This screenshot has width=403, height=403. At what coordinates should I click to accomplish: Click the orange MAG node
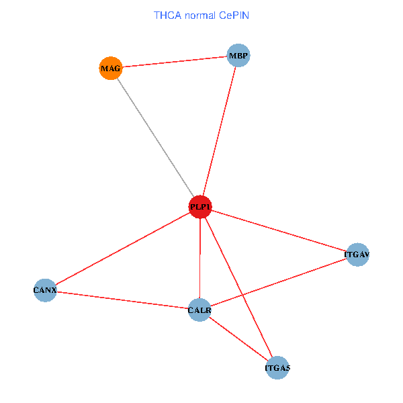tap(111, 68)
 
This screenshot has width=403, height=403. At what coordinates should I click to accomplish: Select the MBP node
tap(238, 55)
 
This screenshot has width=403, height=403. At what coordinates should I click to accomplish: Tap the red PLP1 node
tap(200, 207)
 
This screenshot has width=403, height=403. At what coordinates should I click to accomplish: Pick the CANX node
tap(45, 290)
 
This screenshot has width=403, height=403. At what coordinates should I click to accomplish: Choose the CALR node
tap(199, 310)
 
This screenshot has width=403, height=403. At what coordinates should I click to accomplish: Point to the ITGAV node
tap(357, 255)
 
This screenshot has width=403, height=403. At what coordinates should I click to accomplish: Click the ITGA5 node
tap(277, 368)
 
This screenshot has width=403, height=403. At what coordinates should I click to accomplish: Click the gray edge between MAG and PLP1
tap(156, 138)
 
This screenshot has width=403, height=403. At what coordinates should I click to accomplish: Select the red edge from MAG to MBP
tap(175, 62)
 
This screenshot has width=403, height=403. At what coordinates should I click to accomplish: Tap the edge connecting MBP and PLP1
tap(219, 131)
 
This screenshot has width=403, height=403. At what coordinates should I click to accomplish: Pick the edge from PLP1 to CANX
tap(123, 249)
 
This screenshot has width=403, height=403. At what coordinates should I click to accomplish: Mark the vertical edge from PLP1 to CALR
tap(200, 259)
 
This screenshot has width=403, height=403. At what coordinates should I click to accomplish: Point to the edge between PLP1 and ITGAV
tap(279, 231)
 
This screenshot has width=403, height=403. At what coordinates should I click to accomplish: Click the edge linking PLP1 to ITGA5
tap(238, 287)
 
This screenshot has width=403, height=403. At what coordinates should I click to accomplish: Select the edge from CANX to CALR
tap(123, 300)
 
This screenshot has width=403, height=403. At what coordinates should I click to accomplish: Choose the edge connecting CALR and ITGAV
tap(279, 282)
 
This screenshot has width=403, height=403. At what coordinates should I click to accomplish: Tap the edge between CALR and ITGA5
tap(238, 339)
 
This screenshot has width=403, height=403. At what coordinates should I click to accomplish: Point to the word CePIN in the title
tap(234, 15)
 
